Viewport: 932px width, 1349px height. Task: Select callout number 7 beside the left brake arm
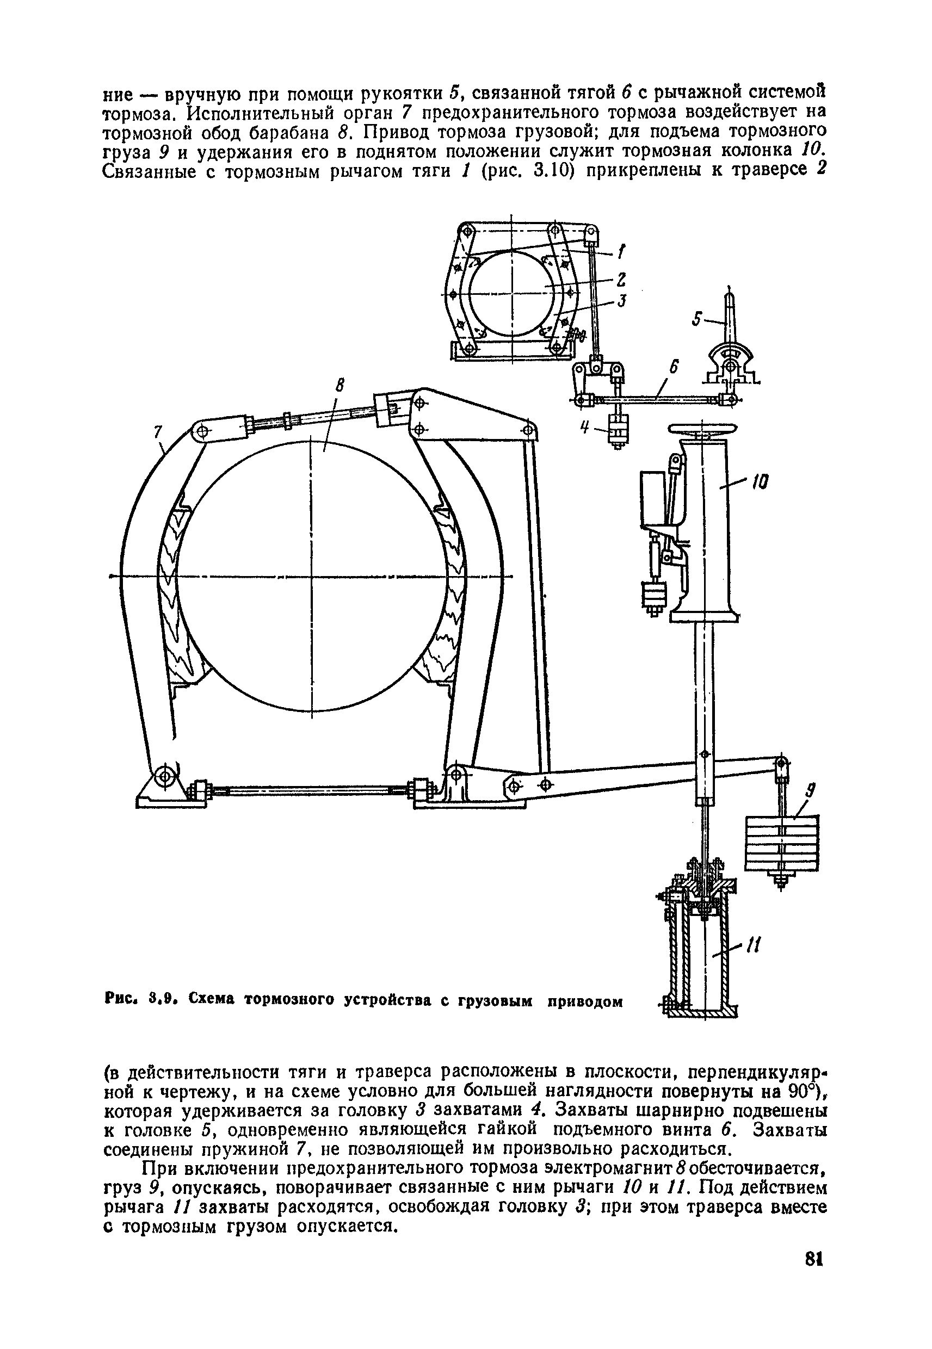tap(157, 432)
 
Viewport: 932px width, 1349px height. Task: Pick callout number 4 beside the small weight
tap(583, 429)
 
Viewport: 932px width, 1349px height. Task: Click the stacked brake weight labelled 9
tap(782, 843)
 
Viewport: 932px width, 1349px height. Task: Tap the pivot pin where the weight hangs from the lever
tap(782, 763)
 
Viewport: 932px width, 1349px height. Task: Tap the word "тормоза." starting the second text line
tap(134, 113)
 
